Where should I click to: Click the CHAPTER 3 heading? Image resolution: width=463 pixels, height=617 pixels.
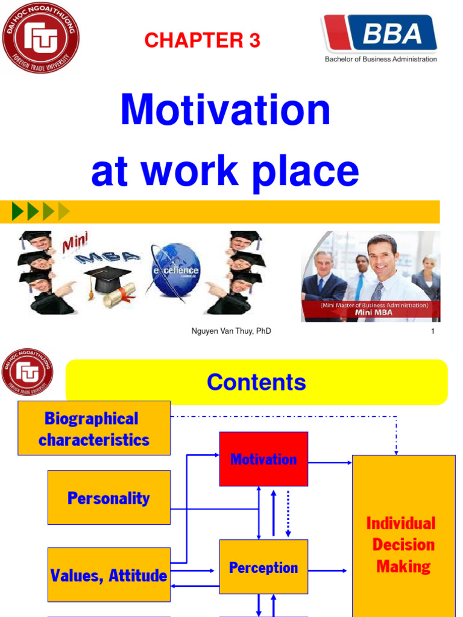click(x=202, y=40)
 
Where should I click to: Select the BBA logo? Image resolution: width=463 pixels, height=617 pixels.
click(x=380, y=34)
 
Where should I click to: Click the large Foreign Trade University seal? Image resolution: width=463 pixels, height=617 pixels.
click(x=40, y=37)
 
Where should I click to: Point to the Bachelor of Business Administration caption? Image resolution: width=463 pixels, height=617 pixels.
click(x=380, y=59)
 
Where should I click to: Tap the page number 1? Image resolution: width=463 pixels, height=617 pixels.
click(x=433, y=331)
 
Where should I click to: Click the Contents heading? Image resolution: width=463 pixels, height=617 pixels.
click(x=256, y=382)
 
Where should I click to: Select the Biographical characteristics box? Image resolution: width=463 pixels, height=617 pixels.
click(x=94, y=428)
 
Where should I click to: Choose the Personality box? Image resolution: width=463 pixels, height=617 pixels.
click(x=109, y=498)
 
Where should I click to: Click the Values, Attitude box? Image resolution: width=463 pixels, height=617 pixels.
click(x=109, y=575)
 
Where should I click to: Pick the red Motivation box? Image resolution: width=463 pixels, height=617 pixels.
click(x=263, y=459)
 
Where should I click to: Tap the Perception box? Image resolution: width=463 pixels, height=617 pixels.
click(x=263, y=567)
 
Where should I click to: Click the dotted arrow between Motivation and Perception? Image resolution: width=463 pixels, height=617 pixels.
click(x=288, y=513)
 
